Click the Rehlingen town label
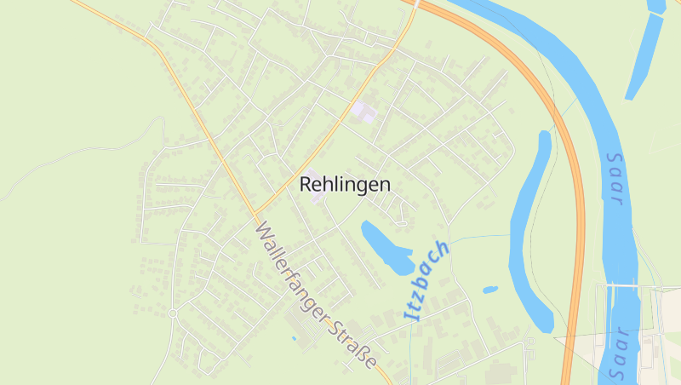pyautogui.click(x=345, y=184)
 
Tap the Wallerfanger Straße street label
pyautogui.click(x=316, y=295)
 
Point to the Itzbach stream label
pyautogui.click(x=426, y=280)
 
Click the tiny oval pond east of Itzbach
pyautogui.click(x=490, y=290)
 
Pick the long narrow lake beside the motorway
pyautogui.click(x=530, y=230)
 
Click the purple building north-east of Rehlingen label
pyautogui.click(x=363, y=111)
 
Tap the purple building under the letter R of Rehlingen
pyautogui.click(x=317, y=196)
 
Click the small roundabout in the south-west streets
pyautogui.click(x=173, y=313)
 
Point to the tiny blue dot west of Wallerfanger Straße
pyautogui.click(x=294, y=339)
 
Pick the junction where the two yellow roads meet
pyautogui.click(x=255, y=212)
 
